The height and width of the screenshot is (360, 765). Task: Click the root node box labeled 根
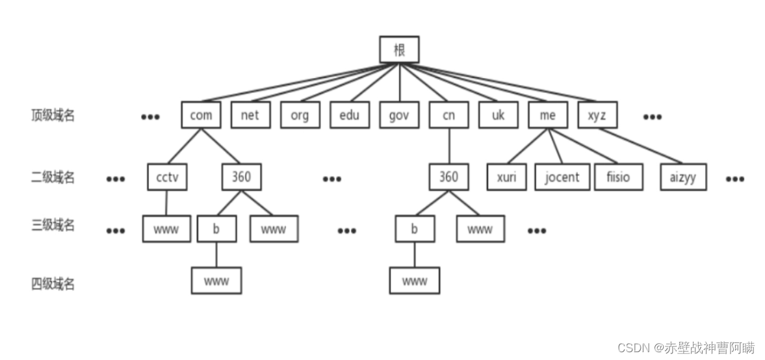399,49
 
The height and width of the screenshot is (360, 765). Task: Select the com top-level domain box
201,115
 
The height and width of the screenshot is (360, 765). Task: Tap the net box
250,115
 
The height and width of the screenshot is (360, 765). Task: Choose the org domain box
300,115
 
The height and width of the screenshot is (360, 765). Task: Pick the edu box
349,115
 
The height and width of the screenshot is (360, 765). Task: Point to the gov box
399,115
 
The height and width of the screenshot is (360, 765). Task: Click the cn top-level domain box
448,115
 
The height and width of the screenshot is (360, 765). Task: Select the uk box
498,115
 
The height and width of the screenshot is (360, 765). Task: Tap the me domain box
547,115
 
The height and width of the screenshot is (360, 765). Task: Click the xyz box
597,115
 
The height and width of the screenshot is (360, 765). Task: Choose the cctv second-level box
167,177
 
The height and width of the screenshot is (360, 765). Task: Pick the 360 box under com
241,177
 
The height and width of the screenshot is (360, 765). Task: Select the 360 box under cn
448,177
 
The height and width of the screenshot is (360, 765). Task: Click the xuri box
506,177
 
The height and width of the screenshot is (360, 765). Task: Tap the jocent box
562,177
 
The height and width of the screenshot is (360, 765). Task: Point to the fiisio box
619,177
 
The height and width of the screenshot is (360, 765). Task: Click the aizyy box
682,177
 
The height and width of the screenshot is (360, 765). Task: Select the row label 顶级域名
53,116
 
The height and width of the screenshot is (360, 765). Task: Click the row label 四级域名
53,283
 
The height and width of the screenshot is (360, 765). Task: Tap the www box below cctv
167,229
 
